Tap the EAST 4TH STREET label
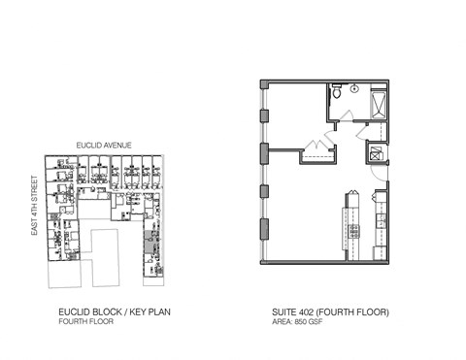(x=34, y=206)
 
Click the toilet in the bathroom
(x=336, y=96)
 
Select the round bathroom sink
(x=355, y=89)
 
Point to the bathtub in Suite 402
(x=379, y=101)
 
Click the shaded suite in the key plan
(x=150, y=238)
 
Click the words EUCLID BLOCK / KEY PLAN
(x=102, y=312)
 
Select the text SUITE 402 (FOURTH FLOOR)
(x=331, y=312)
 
